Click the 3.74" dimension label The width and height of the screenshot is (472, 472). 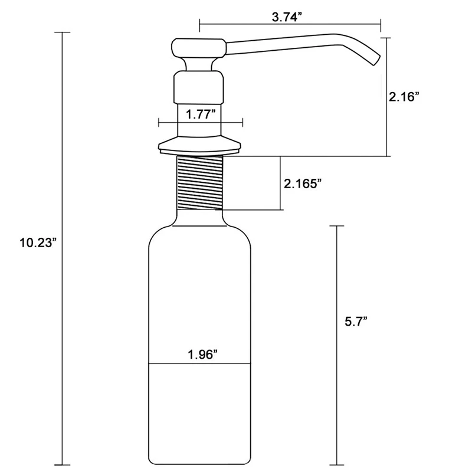(x=287, y=17)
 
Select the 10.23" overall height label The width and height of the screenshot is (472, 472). (x=38, y=242)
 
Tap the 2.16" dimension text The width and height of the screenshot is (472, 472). (x=404, y=97)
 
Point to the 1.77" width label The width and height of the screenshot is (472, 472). (x=201, y=114)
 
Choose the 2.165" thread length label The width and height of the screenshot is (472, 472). (x=303, y=183)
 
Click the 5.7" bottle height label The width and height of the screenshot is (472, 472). (x=356, y=322)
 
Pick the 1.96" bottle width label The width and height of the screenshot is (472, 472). (x=202, y=355)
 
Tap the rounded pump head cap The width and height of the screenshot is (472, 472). (x=199, y=48)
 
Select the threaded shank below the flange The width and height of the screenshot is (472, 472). (x=199, y=182)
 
